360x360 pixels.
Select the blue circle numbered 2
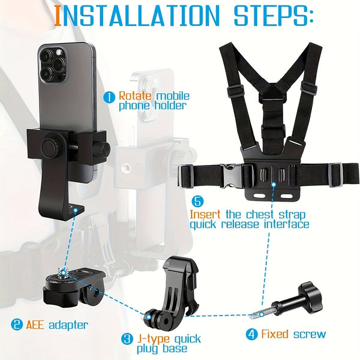17,325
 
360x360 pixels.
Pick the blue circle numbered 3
127,339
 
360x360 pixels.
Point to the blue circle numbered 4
253,334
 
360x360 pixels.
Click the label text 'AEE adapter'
58,325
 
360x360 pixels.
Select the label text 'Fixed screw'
294,334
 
